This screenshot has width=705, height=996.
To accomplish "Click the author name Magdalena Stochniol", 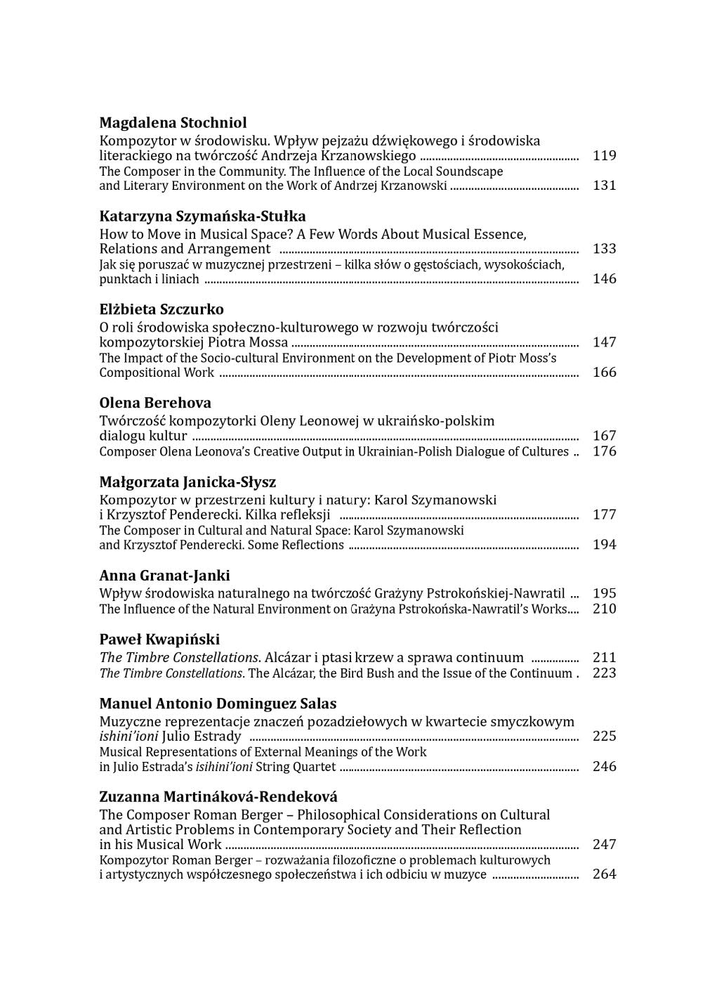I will [173, 123].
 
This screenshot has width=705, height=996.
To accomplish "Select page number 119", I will [604, 156].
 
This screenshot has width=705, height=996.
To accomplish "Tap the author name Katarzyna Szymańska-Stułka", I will [202, 216].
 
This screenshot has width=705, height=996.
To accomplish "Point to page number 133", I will [604, 249].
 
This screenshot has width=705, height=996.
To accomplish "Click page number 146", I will [604, 279].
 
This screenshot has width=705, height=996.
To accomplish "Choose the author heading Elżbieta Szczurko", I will [162, 310].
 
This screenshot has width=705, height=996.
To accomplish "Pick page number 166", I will [604, 373].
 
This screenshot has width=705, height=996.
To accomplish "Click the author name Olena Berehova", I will [155, 403].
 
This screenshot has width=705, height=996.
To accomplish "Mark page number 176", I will [604, 451].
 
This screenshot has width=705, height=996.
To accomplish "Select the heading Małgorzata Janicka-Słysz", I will [187, 483].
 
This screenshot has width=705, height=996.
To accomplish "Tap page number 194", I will [604, 545].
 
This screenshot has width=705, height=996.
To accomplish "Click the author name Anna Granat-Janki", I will [164, 576].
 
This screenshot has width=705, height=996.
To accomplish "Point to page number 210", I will [604, 609].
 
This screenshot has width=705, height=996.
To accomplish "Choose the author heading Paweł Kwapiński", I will [159, 640].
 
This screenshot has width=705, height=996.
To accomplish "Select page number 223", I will [604, 673].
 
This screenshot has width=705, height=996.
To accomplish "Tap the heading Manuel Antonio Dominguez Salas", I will [218, 704].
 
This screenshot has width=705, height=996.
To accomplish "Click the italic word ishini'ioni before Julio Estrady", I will [129, 737].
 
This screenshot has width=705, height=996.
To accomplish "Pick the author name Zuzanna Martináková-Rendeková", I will [218, 797].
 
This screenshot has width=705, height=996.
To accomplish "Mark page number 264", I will [604, 874].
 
